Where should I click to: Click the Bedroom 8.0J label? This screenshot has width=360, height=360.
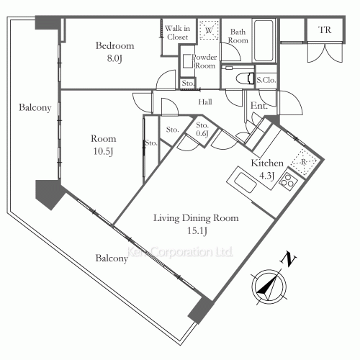(114, 52)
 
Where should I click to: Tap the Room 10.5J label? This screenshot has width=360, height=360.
(103, 145)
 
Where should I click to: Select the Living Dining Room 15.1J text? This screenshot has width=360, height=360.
(196, 224)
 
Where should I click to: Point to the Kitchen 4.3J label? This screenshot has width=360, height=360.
(267, 169)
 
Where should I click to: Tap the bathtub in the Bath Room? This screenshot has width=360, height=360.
(264, 40)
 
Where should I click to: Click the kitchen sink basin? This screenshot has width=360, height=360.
(246, 182)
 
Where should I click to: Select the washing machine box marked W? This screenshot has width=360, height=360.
(209, 30)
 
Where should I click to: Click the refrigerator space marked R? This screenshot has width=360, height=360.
(304, 162)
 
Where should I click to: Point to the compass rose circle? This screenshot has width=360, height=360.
(269, 287)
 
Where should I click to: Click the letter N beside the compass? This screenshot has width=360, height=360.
(289, 258)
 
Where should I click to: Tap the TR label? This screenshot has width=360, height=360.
(325, 30)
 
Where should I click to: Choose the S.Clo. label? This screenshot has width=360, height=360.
(266, 80)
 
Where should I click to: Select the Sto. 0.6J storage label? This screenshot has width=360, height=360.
(202, 129)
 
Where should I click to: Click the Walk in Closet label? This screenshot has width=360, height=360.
(177, 32)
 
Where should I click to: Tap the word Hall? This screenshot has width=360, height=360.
(205, 102)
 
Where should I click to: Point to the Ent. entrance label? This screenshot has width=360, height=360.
(259, 106)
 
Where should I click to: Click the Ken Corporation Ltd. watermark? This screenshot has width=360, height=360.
(179, 252)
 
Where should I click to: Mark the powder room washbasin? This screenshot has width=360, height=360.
(187, 61)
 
